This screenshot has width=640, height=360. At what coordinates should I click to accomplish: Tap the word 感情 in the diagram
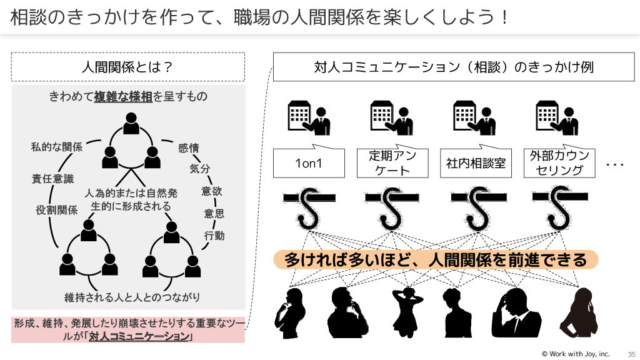click(x=188, y=148)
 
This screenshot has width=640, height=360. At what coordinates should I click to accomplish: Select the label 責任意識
click(x=52, y=179)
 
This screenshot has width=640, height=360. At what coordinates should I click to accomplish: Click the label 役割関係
click(x=56, y=211)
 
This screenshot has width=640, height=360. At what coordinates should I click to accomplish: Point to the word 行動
click(x=214, y=236)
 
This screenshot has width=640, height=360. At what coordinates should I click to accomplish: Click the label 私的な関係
click(x=57, y=147)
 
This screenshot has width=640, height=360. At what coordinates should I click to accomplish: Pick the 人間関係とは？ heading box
click(x=127, y=67)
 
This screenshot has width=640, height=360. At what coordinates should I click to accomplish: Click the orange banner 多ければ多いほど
click(x=436, y=259)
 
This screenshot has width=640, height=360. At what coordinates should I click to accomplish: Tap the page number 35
click(x=631, y=354)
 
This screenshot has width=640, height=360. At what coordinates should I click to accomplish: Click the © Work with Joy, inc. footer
click(x=575, y=354)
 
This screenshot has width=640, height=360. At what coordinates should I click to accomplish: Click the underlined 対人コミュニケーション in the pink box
click(x=139, y=336)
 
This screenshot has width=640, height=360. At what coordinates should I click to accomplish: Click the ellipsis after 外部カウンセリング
click(x=616, y=164)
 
